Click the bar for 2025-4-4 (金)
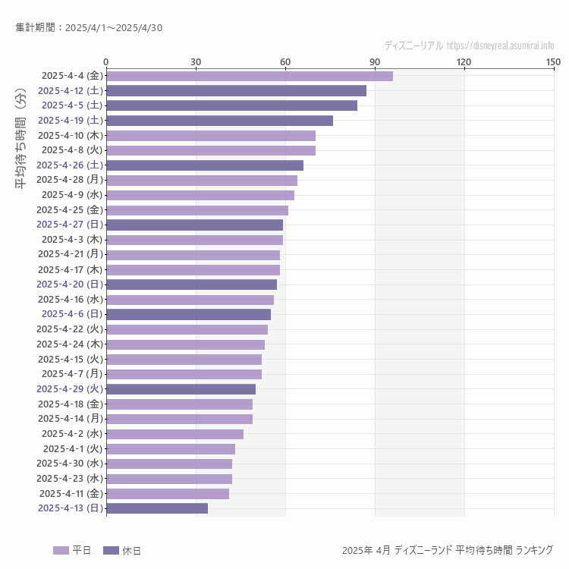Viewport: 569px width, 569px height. pos(249,76)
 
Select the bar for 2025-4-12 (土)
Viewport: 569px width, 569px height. pos(236,90)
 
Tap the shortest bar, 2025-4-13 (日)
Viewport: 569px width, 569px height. pos(157,508)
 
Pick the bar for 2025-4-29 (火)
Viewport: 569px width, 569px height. pos(181,389)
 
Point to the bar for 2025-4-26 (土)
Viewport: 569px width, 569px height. pos(205,165)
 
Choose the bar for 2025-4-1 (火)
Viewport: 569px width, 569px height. pos(171,449)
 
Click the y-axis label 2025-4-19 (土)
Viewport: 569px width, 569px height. pos(71,121)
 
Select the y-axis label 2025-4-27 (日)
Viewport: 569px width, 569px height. pos(71,225)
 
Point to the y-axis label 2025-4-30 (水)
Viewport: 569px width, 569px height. pos(71,464)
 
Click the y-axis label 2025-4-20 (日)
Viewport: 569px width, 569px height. pos(71,284)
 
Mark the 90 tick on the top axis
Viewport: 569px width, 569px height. pos(375,61)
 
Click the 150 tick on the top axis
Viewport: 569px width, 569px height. pos(553,61)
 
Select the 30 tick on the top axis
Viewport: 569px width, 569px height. pos(196,61)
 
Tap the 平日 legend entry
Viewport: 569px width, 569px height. pos(72,550)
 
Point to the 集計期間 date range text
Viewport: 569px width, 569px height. pos(89,28)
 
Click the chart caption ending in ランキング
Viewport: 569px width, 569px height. pos(448,550)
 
